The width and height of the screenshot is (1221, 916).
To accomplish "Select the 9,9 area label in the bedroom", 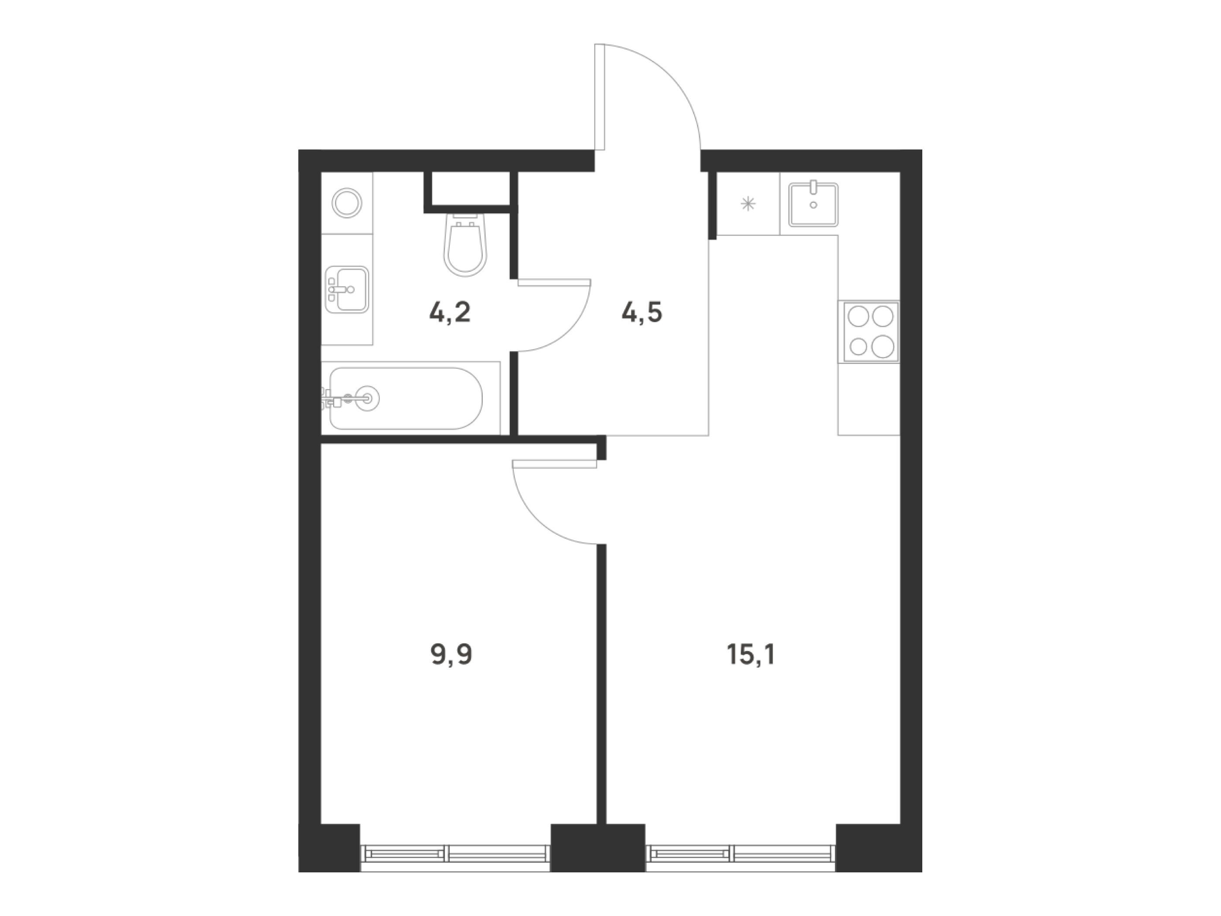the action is click(x=451, y=656).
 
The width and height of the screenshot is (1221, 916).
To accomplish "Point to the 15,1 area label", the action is click(x=751, y=656).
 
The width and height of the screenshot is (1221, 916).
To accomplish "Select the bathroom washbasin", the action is click(x=347, y=289).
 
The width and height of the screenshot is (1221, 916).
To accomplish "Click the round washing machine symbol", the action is click(x=347, y=203).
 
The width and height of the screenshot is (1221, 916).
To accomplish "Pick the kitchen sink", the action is click(x=813, y=205).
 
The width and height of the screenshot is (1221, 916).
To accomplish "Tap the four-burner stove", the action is click(x=868, y=331).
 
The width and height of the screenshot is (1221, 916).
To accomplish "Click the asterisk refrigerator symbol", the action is click(x=748, y=204).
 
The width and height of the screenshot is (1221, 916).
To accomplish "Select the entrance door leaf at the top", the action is click(x=600, y=97).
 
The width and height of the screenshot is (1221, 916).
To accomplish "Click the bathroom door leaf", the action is click(x=554, y=283).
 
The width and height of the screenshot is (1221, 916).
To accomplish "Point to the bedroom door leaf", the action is click(x=554, y=464).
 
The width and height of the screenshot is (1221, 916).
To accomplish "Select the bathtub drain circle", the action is click(x=367, y=397).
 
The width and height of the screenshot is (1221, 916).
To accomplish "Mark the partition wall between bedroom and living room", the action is click(x=602, y=684).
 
